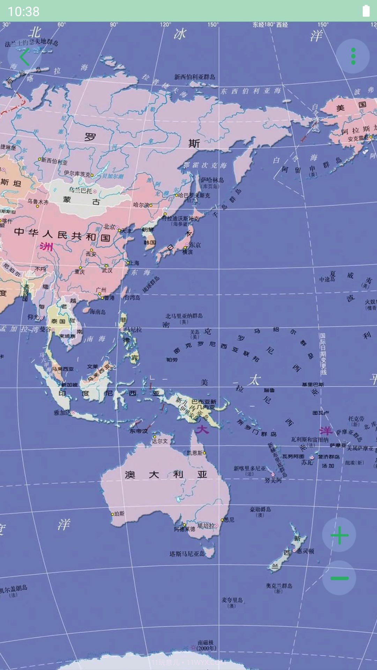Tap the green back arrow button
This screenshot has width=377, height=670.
tap(24, 57)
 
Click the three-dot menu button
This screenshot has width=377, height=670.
tap(353, 56)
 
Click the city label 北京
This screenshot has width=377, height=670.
tap(109, 227)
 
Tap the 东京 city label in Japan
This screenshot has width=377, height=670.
tap(195, 245)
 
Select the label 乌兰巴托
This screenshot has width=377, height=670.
tap(81, 191)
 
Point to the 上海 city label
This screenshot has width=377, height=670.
tap(134, 263)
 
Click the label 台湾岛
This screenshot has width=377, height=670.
tap(132, 297)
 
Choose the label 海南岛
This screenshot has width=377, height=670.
tap(98, 312)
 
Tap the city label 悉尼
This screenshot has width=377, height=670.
tap(229, 520)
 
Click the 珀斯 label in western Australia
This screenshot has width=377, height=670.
tap(119, 514)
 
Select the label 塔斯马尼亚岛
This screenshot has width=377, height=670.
tap(187, 554)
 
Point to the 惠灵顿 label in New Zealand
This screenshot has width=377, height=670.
tap(305, 551)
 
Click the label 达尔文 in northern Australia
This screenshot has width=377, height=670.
tap(160, 441)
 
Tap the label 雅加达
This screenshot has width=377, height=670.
tap(62, 413)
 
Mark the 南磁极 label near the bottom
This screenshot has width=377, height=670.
tap(205, 642)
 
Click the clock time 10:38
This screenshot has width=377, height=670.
tap(24, 12)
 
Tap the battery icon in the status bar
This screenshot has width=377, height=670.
tap(366, 11)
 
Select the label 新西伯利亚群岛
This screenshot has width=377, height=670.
tap(195, 77)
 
